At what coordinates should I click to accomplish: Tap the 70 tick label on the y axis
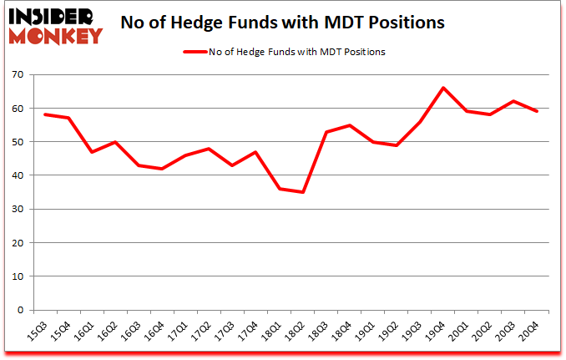(x=18, y=75)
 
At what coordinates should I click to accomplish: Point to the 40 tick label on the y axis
(x=18, y=175)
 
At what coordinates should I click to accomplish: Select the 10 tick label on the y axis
(x=18, y=276)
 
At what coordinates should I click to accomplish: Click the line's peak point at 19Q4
(x=442, y=88)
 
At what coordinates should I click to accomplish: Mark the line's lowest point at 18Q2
(x=302, y=192)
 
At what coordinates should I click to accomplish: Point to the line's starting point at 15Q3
(x=45, y=114)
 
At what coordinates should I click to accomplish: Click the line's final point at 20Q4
(x=536, y=111)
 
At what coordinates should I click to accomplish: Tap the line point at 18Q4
(x=349, y=125)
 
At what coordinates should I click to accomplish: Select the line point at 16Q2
(x=115, y=142)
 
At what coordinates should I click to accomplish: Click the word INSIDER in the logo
(x=53, y=17)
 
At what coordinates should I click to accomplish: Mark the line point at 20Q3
(x=513, y=101)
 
